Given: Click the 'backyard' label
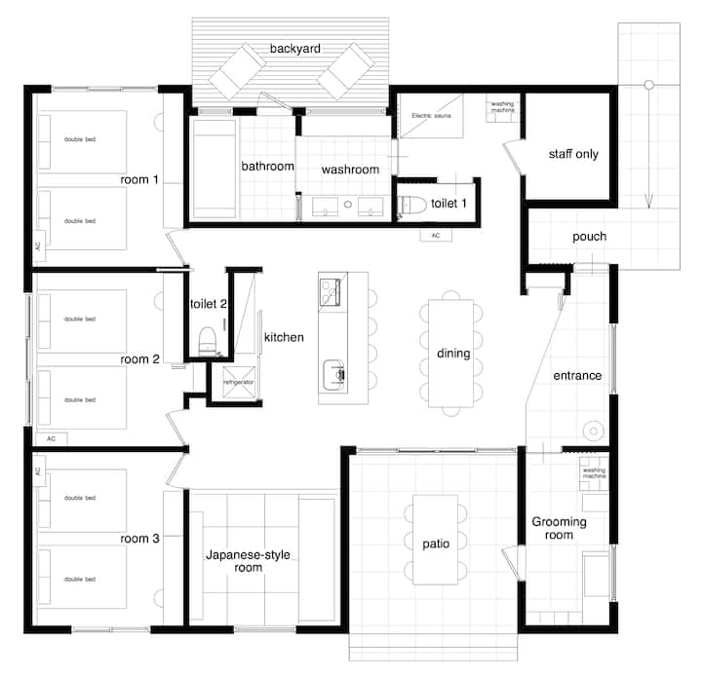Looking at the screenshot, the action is pyautogui.click(x=295, y=49).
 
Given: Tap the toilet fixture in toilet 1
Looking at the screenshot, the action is pyautogui.click(x=411, y=205).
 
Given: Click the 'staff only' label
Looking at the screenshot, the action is pyautogui.click(x=573, y=154).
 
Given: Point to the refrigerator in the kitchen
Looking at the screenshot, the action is pyautogui.click(x=238, y=382).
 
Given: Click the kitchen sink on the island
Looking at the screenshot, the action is pyautogui.click(x=334, y=375).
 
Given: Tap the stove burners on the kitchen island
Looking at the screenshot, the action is pyautogui.click(x=330, y=292).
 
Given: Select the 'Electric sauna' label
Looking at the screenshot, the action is pyautogui.click(x=431, y=115).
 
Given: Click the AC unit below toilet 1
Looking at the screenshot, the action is pyautogui.click(x=436, y=235).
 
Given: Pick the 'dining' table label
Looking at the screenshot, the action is pyautogui.click(x=453, y=354).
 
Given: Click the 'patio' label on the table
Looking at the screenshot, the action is pyautogui.click(x=436, y=544).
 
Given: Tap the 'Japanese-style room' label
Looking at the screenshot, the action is pyautogui.click(x=248, y=561).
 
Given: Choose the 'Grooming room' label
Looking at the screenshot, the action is pyautogui.click(x=560, y=528).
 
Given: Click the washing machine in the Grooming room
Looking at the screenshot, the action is pyautogui.click(x=594, y=473).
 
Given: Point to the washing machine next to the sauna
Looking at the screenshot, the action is pyautogui.click(x=502, y=107).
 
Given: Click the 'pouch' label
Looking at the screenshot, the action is pyautogui.click(x=589, y=237).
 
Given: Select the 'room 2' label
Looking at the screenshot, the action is pyautogui.click(x=139, y=359).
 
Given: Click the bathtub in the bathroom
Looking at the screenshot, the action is pyautogui.click(x=214, y=169).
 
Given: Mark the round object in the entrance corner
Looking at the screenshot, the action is pyautogui.click(x=594, y=432).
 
